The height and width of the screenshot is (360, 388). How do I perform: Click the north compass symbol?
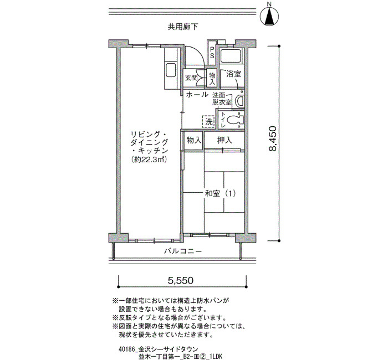click(269, 16)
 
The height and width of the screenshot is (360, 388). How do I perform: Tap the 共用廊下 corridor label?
click(183, 27)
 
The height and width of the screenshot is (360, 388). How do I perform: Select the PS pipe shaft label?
click(212, 53)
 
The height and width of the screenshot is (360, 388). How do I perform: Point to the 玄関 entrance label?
click(191, 78)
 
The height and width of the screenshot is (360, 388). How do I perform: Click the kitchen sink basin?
click(171, 70)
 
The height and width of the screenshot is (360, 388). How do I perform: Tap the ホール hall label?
click(197, 95)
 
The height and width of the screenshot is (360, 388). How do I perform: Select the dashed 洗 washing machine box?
click(208, 122)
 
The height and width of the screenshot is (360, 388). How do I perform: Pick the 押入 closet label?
click(224, 140)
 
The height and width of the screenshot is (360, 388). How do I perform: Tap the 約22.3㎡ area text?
click(150, 160)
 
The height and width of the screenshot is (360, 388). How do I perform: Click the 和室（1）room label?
click(220, 193)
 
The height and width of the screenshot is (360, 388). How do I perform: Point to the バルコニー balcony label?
click(183, 251)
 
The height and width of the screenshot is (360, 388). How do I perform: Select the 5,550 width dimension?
click(180, 280)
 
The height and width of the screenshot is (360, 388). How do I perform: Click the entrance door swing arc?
click(200, 53)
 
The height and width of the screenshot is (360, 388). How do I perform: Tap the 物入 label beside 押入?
click(194, 140)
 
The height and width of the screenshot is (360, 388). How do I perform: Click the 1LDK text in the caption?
click(217, 356)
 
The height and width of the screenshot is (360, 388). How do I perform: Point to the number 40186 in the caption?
click(126, 349)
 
